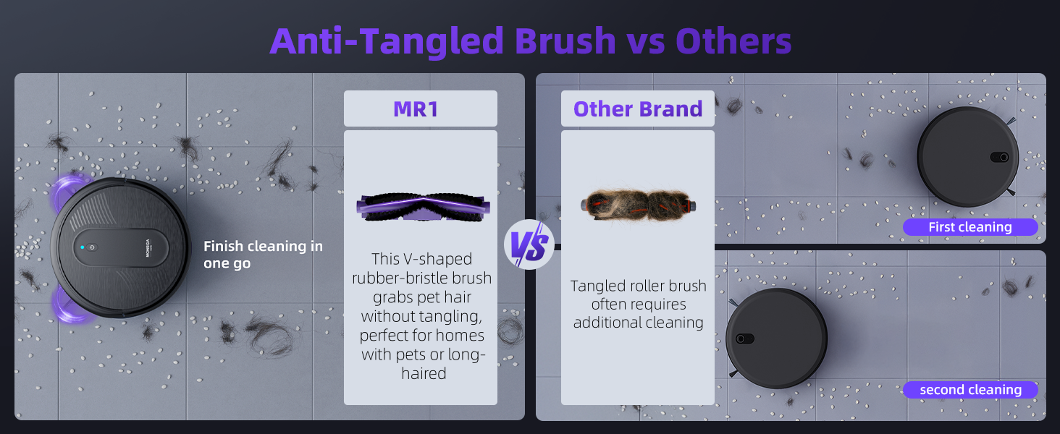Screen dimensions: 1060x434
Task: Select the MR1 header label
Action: pos(416,109)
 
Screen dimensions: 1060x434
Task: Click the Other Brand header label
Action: pos(638,109)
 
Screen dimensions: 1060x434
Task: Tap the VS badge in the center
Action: pos(529,244)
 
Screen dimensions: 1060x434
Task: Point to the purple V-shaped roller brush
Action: pos(423,207)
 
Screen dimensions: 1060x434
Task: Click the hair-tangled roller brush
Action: pos(638,205)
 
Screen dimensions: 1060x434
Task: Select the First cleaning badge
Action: pos(970,227)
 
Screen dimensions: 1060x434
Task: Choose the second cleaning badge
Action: pos(970,390)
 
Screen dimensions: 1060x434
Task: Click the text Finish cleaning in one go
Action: pos(263,255)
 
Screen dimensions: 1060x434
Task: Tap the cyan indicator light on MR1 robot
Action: pos(83,247)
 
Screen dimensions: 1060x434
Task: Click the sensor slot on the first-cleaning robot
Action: pos(999,157)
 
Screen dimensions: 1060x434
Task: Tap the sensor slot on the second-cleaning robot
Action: pos(745,339)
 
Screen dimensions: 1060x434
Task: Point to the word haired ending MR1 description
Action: pos(424,373)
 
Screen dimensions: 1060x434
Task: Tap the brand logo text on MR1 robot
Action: pos(148,247)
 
